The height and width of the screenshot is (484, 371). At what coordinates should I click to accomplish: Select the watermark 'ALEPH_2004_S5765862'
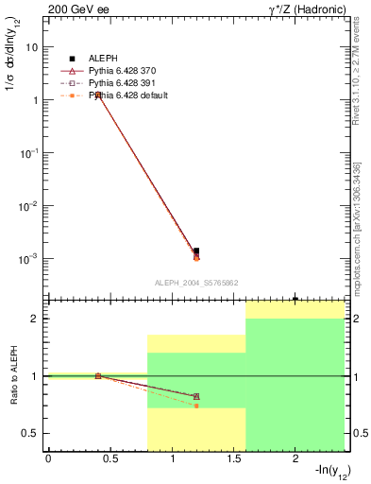(196, 283)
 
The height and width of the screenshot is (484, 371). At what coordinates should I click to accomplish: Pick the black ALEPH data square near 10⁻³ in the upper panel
(196, 251)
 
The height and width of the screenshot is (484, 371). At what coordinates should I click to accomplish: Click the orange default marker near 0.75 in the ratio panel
(196, 406)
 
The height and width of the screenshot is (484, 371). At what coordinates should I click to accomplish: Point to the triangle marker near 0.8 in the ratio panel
(196, 396)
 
